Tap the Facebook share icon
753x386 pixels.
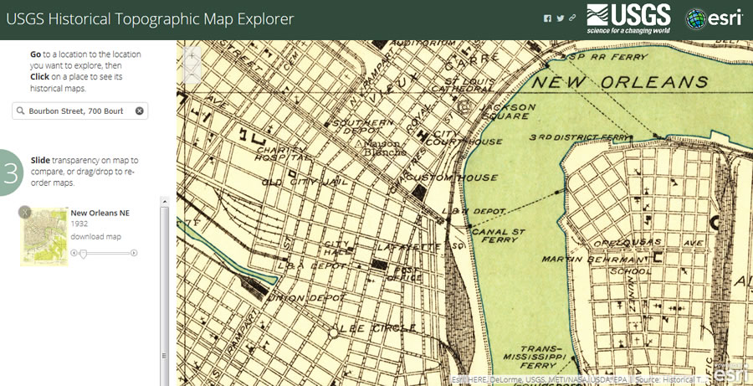coord(547,18)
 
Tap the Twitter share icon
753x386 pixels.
coord(560,18)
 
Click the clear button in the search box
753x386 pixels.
coord(140,111)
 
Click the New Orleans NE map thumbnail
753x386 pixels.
coord(44,237)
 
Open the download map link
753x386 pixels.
coord(95,236)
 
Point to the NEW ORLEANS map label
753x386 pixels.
coord(619,82)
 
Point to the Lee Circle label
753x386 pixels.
coord(363,328)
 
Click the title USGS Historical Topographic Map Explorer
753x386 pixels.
coord(151,19)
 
